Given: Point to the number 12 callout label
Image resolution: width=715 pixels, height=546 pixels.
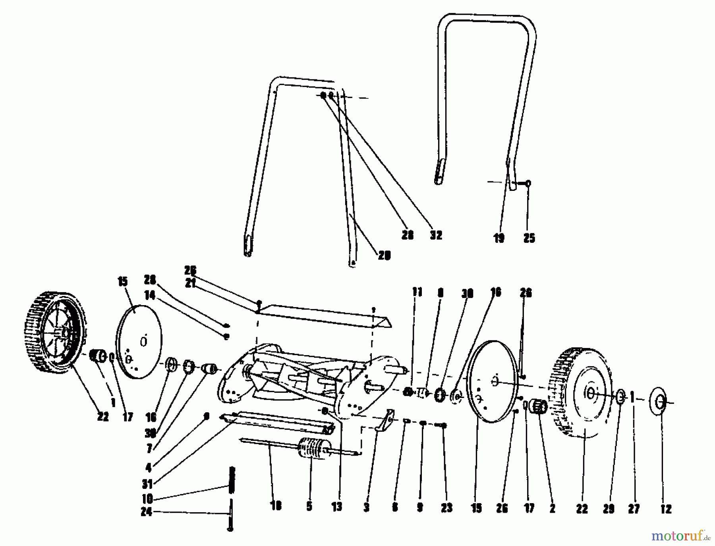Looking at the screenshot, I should (665, 509).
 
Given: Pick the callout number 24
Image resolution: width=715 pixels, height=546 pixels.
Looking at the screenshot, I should (147, 512).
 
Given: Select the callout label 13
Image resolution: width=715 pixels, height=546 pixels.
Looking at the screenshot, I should (337, 508).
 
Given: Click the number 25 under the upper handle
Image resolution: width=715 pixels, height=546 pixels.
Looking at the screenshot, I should (529, 238).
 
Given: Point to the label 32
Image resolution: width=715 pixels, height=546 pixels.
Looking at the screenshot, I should (436, 235).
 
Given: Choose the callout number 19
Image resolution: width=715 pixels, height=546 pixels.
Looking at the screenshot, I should (499, 238).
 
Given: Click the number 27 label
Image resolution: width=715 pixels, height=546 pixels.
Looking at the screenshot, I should (634, 509).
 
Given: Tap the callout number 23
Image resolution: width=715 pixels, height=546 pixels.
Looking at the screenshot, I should (446, 508).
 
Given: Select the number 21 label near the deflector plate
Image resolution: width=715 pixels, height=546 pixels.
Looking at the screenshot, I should (190, 284).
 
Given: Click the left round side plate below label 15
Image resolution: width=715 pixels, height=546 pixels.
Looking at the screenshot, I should (139, 342).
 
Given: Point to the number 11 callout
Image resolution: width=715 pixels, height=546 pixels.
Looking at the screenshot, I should (417, 292).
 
